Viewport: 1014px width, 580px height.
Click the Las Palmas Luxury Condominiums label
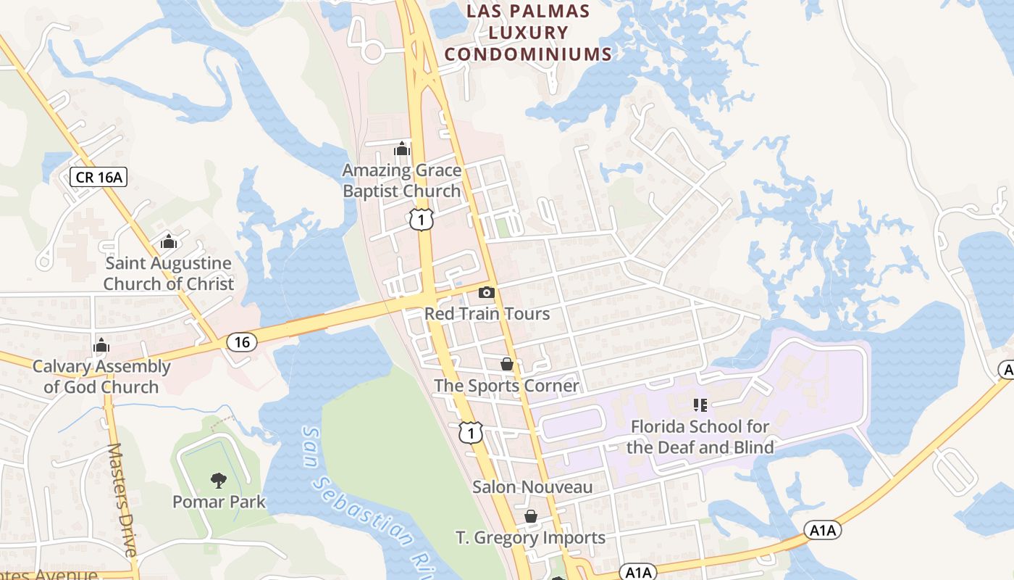[528, 33]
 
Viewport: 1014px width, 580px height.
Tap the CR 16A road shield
[99, 177]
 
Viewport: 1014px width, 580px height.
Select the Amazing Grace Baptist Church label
[402, 181]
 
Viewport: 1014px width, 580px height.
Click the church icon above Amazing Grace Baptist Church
[402, 149]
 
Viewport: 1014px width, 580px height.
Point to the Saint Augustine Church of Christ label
[169, 273]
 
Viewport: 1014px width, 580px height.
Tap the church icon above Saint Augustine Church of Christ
[169, 241]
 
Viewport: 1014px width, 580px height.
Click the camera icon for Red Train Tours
[487, 293]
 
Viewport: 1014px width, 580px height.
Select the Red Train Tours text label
[487, 314]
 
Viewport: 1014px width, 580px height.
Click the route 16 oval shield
[242, 342]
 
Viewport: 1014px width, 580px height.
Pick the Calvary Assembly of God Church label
[101, 376]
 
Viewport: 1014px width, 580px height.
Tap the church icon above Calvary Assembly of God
[101, 345]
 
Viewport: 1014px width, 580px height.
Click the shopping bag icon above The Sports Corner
[507, 363]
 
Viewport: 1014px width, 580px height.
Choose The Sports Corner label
[507, 386]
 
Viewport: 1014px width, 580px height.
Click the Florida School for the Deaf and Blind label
[700, 436]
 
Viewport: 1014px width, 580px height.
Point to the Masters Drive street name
[122, 500]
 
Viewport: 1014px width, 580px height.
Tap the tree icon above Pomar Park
[218, 479]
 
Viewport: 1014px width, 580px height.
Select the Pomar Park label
[219, 502]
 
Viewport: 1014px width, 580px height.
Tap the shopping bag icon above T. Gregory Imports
[531, 516]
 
